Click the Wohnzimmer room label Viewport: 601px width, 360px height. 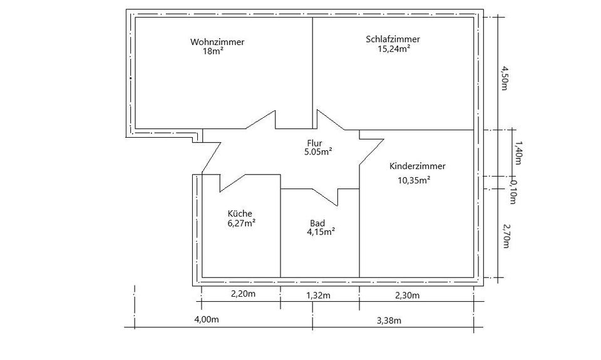[x=217, y=42]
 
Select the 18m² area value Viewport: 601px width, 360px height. [x=213, y=51]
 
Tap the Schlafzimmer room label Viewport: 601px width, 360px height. [x=393, y=39]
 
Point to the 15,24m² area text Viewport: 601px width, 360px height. [x=393, y=48]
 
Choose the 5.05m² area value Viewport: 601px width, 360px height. [x=317, y=152]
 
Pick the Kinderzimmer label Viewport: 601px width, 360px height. [x=417, y=167]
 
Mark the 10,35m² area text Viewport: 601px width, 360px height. [x=414, y=180]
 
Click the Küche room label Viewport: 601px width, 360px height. [x=240, y=213]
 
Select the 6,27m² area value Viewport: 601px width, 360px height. [x=241, y=222]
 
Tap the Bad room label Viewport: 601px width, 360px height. [x=317, y=223]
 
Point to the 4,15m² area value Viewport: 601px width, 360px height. [x=321, y=232]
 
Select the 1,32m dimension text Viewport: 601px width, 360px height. [x=317, y=296]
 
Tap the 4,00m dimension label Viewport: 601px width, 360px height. [x=206, y=320]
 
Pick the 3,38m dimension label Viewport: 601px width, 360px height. [x=389, y=321]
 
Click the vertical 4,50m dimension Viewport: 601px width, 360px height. [x=505, y=78]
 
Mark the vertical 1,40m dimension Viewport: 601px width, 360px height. [x=517, y=153]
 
